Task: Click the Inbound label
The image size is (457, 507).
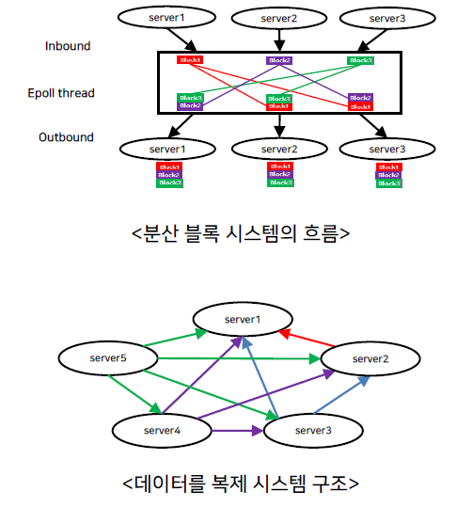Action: point(69,45)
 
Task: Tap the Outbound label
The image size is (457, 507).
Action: point(66,137)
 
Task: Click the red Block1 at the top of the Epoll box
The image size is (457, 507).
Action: point(191,60)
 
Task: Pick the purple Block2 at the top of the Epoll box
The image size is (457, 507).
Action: point(279,60)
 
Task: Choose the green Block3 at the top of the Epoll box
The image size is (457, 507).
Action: point(360,60)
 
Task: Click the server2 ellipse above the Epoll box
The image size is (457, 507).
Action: point(277,17)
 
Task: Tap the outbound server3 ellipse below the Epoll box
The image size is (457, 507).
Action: point(387,149)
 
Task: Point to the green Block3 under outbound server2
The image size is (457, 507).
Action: point(279,182)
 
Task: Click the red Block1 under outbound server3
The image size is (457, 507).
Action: point(387,166)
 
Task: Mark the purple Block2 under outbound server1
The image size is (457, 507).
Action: point(169,175)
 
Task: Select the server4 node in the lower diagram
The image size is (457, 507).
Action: point(160,429)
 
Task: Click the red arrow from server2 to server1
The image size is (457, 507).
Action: point(307,340)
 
